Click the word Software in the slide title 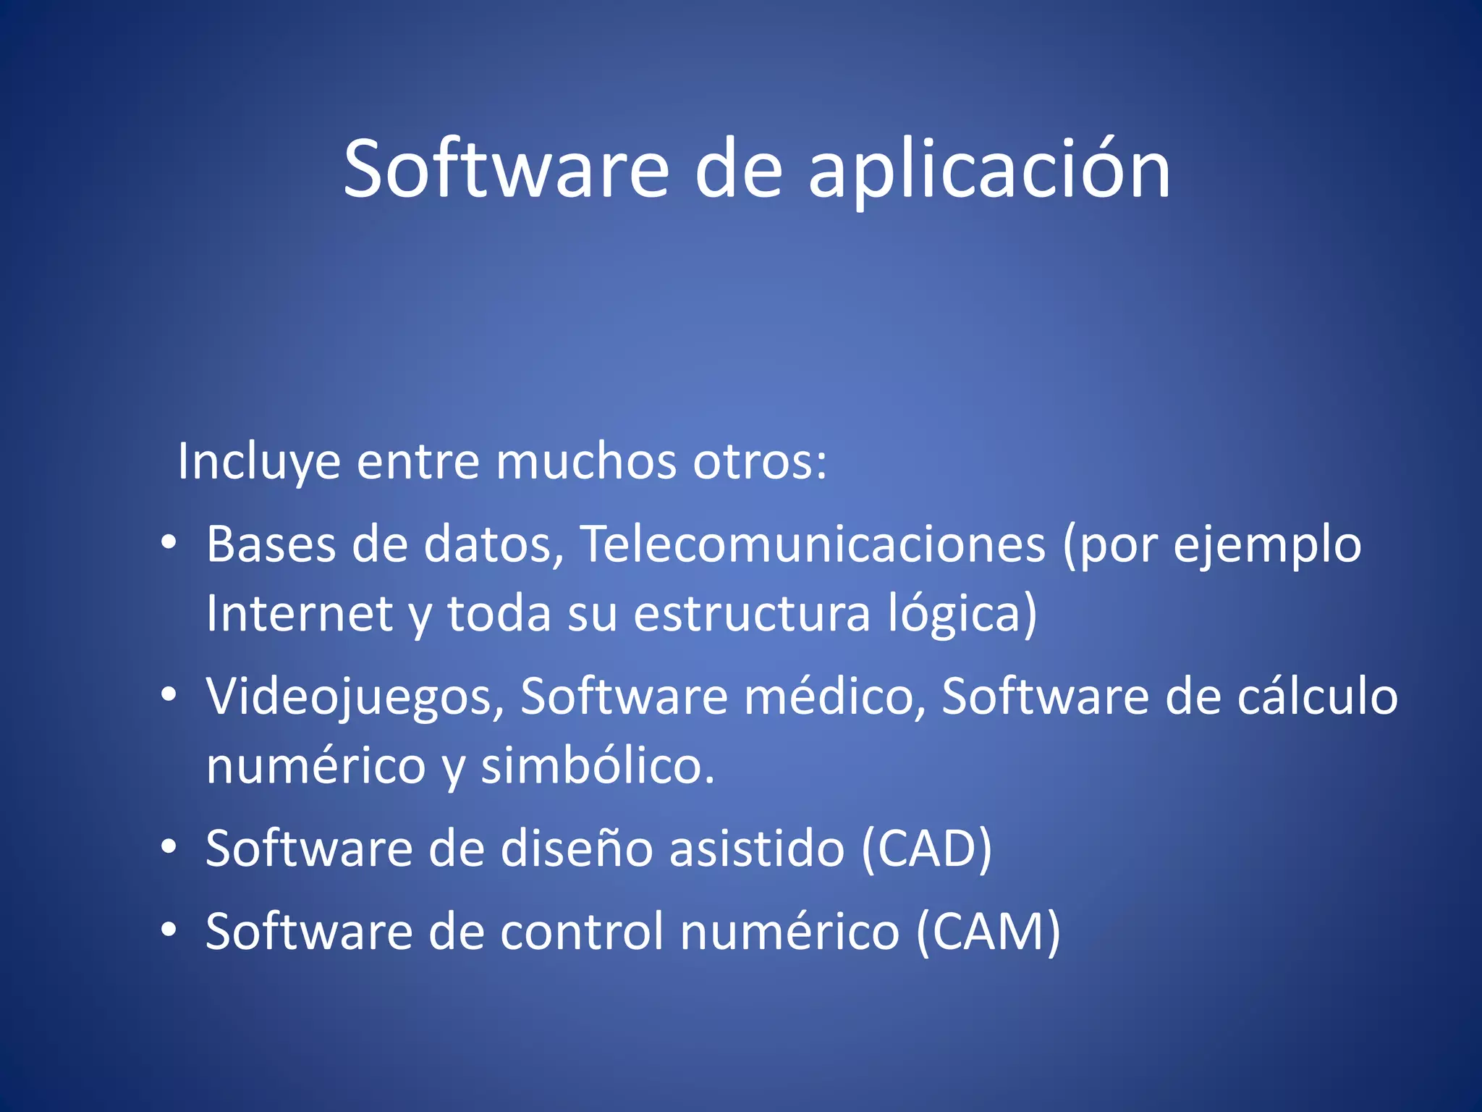click(506, 169)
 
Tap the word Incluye click(258, 462)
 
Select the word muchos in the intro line click(585, 460)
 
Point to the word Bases click(271, 544)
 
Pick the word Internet click(299, 613)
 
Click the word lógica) click(962, 614)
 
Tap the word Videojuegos click(355, 697)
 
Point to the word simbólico click(598, 766)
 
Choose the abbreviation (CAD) click(926, 848)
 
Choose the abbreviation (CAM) click(988, 932)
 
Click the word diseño click(576, 848)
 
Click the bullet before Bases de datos click(169, 542)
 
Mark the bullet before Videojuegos click(169, 695)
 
